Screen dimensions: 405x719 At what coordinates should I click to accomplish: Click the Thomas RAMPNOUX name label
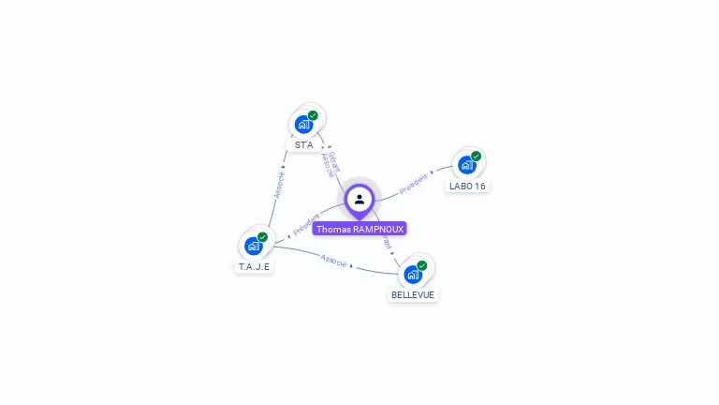click(x=359, y=229)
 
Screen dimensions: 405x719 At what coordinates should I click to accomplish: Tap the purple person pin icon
click(x=359, y=200)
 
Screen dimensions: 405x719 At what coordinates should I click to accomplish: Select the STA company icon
click(x=303, y=124)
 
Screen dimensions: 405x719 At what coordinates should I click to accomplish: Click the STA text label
click(x=303, y=145)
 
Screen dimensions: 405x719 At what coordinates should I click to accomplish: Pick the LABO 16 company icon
click(x=467, y=165)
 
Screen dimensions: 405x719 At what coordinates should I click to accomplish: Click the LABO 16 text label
click(x=467, y=186)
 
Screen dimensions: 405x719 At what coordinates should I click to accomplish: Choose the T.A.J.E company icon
click(x=253, y=246)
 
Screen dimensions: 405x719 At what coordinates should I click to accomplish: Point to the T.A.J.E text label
click(x=254, y=266)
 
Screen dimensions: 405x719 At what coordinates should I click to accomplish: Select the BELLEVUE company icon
click(x=412, y=274)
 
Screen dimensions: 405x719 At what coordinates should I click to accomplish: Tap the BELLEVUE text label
click(x=413, y=294)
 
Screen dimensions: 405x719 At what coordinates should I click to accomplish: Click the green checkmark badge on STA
click(x=313, y=115)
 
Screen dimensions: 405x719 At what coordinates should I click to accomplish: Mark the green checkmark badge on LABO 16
click(x=477, y=157)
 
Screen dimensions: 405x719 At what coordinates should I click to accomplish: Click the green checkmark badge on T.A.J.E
click(x=262, y=237)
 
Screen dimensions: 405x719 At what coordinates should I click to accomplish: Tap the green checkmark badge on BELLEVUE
click(x=422, y=265)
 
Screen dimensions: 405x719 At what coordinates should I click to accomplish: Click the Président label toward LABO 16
click(x=414, y=183)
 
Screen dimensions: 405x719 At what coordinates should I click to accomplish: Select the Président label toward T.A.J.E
click(x=306, y=226)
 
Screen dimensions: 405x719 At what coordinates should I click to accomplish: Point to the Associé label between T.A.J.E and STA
click(x=279, y=184)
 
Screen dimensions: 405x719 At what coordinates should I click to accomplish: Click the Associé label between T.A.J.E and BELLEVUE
click(x=333, y=261)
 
